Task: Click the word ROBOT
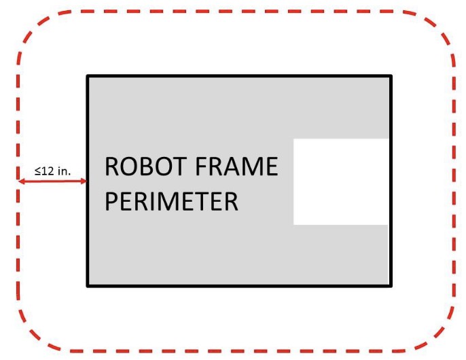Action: [x=145, y=166]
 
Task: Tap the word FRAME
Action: [x=236, y=166]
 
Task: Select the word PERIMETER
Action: [x=171, y=202]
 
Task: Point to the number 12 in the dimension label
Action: [x=48, y=171]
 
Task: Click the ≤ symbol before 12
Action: [x=38, y=171]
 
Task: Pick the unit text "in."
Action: [x=65, y=171]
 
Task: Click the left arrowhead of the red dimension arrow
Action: [x=22, y=181]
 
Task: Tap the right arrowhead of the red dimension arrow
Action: [x=84, y=181]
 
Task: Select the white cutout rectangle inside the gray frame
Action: [x=341, y=181]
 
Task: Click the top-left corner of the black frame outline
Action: [x=88, y=76]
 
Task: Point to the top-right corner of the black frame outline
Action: [x=391, y=76]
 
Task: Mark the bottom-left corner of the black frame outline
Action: [x=88, y=286]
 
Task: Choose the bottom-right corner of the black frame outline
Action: [x=391, y=286]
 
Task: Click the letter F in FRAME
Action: [x=201, y=166]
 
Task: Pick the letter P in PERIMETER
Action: [x=111, y=202]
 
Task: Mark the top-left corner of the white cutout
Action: [x=294, y=139]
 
